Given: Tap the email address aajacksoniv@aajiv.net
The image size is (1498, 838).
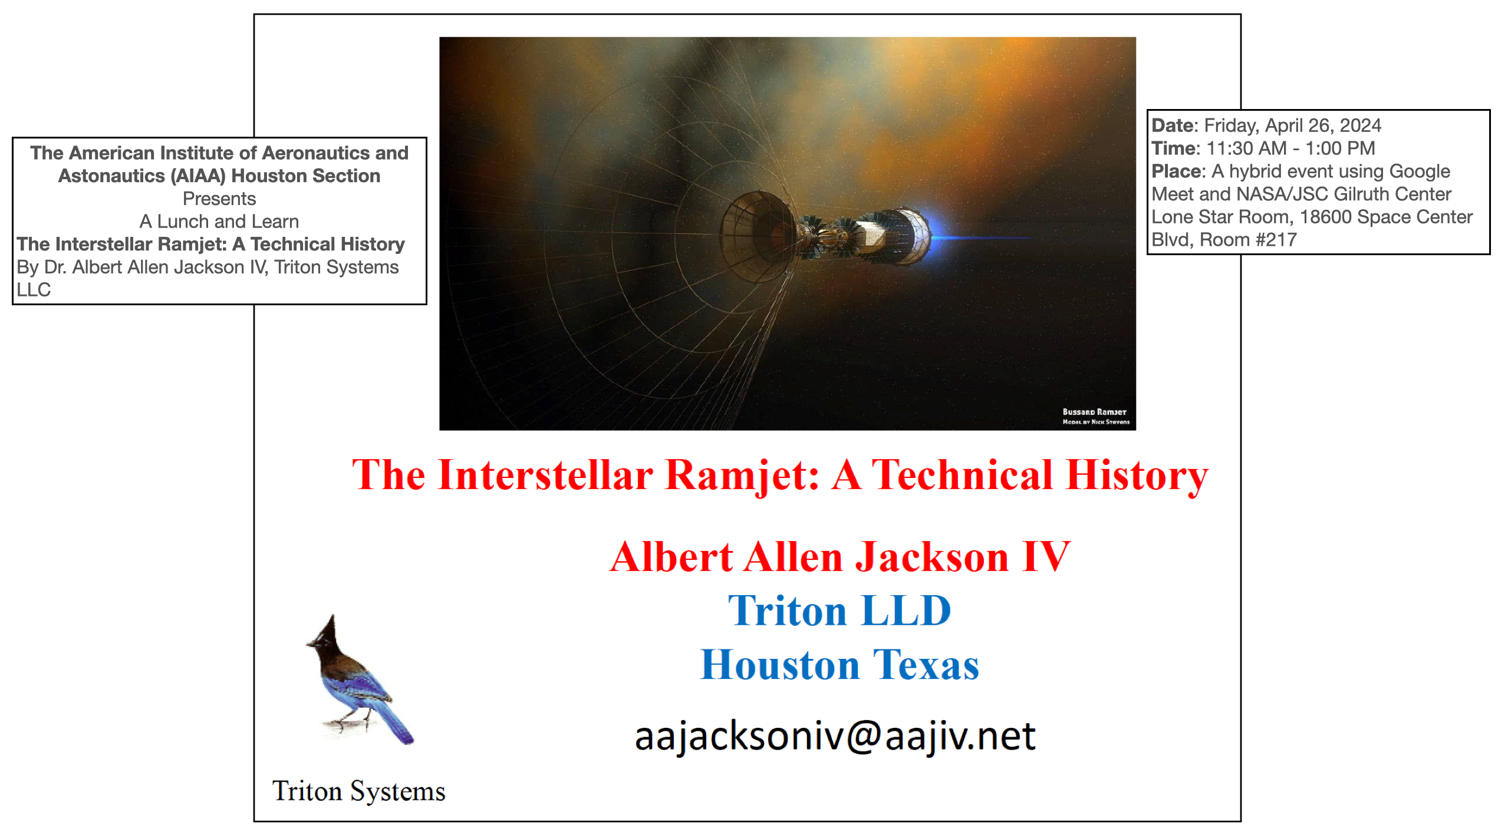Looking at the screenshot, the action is (835, 737).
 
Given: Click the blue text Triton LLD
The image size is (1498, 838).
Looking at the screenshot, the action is (839, 611).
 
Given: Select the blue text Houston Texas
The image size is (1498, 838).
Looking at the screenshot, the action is (839, 665).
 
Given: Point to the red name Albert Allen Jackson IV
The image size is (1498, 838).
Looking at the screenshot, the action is (839, 557).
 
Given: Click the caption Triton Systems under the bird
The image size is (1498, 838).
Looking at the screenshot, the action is (358, 791).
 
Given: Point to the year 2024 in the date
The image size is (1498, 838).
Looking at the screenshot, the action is (1361, 126).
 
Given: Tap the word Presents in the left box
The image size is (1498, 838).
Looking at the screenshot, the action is (219, 199).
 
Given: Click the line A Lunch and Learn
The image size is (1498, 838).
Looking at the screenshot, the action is (219, 222).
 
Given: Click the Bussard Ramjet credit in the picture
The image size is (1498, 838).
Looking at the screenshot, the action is (1095, 417).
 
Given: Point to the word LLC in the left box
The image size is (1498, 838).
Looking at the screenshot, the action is (34, 290).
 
